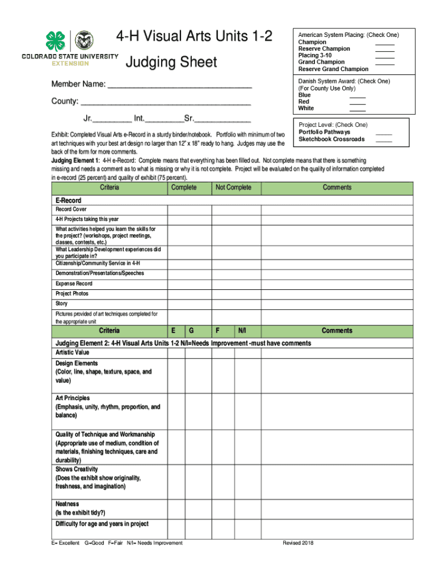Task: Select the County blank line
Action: [165, 105]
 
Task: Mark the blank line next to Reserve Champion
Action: [385, 49]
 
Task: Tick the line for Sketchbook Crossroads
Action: [384, 140]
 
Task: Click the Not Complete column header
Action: [233, 188]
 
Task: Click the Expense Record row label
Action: [74, 284]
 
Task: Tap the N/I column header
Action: [242, 331]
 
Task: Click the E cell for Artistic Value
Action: [176, 352]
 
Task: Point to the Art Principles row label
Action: [73, 398]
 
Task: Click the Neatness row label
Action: [67, 504]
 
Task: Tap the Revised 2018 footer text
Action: [298, 543]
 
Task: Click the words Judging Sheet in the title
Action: [171, 61]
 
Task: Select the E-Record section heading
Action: [68, 201]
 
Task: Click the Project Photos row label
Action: [72, 294]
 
